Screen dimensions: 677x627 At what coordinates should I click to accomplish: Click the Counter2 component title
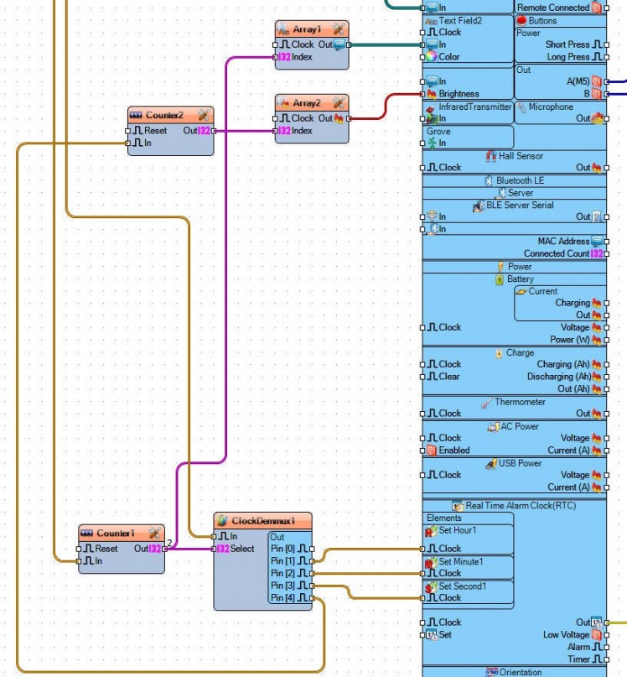164,115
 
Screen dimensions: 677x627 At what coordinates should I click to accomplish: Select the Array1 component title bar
307,29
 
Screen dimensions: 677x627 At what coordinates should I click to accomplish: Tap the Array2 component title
307,103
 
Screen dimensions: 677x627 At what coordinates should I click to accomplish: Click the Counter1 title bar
116,534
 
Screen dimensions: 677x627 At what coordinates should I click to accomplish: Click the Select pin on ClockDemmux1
241,549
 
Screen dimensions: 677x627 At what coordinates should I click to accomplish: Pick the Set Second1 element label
462,586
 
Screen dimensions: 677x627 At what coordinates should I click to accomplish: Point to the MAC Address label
564,241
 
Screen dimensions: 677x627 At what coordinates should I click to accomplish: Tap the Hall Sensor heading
521,155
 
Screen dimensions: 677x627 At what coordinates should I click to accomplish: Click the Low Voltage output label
566,635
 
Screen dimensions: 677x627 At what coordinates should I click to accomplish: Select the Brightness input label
459,94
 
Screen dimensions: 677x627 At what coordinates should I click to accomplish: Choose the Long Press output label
567,57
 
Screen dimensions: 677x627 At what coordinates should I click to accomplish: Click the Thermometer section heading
520,402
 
